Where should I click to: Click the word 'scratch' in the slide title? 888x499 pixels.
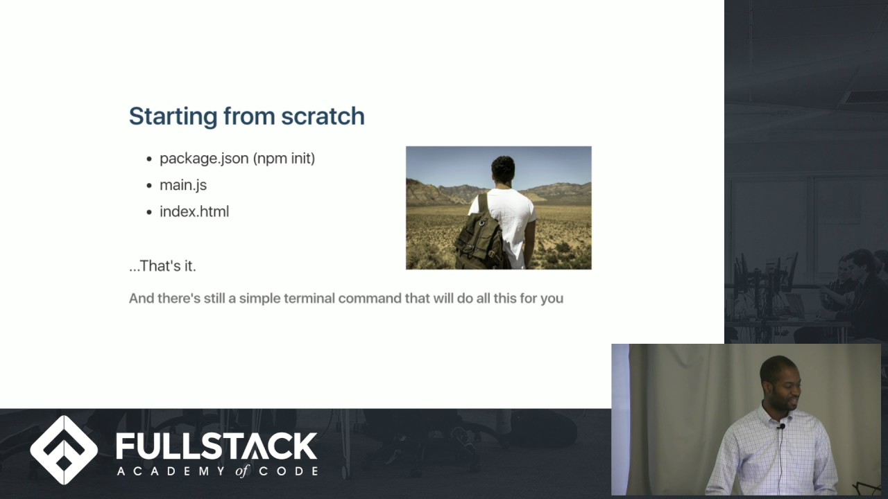(323, 116)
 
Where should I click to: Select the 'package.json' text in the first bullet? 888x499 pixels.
(204, 159)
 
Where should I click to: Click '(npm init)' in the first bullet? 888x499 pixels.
(284, 159)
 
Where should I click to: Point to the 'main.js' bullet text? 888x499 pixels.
(183, 185)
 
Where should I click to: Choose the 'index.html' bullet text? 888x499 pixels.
(194, 211)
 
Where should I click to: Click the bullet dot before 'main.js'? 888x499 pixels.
(149, 186)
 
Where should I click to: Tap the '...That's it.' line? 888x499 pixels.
(162, 265)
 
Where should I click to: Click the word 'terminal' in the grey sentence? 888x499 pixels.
(309, 298)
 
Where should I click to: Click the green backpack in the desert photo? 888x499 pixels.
(480, 234)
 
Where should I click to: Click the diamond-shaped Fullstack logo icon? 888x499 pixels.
(64, 450)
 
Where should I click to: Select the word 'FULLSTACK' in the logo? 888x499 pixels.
(217, 446)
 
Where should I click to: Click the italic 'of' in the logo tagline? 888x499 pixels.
(242, 471)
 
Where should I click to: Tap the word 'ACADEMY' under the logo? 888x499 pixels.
(172, 471)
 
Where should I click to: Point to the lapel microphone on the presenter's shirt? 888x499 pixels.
(782, 427)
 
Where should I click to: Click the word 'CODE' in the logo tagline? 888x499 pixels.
(289, 471)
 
